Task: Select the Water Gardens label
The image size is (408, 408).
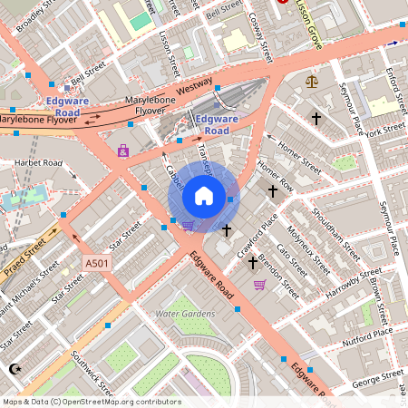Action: pyautogui.click(x=185, y=314)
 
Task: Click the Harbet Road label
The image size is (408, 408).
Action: pyautogui.click(x=38, y=163)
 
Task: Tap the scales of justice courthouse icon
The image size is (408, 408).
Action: pyautogui.click(x=313, y=81)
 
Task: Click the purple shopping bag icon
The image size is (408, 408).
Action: pyautogui.click(x=122, y=151)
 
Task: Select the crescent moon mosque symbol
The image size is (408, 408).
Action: pyautogui.click(x=13, y=369)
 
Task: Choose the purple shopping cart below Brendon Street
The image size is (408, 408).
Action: pyautogui.click(x=260, y=286)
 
